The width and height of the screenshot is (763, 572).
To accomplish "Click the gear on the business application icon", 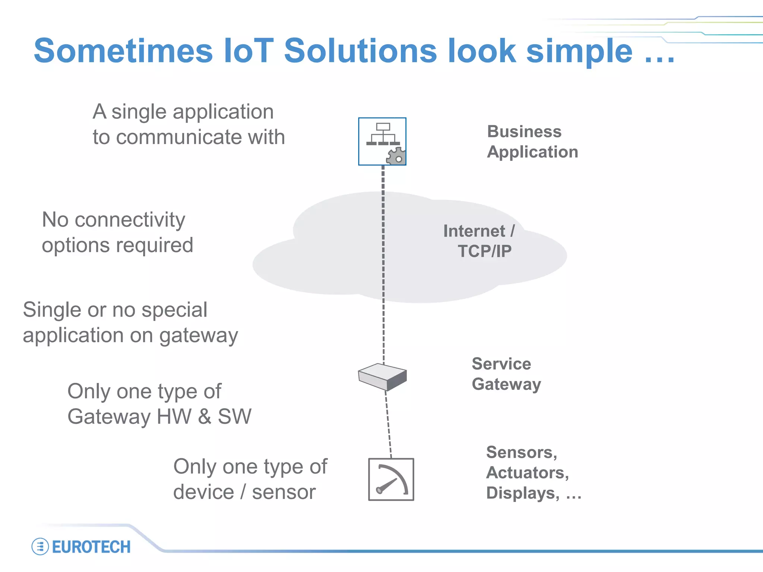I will click(396, 156).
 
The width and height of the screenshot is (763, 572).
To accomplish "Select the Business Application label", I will click(532, 142).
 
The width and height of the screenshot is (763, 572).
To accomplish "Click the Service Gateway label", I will click(506, 374).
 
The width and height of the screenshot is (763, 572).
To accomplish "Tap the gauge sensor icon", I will click(391, 479).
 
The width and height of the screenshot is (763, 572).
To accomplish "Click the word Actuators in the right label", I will click(527, 473).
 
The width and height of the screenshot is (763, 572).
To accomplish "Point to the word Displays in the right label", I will click(522, 493).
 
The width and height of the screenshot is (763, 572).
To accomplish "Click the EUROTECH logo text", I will click(91, 547).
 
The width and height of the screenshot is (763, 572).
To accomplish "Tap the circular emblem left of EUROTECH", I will click(40, 547).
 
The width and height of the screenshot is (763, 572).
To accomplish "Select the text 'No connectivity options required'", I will click(117, 232).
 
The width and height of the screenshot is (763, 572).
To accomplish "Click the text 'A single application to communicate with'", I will click(189, 124).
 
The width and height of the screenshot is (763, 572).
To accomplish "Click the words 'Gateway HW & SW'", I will click(159, 416).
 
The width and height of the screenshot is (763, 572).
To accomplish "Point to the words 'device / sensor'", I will click(244, 492).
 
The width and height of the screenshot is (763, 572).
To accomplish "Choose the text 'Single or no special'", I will click(115, 310).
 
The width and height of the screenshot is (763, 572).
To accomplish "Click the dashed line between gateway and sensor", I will click(388, 425).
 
